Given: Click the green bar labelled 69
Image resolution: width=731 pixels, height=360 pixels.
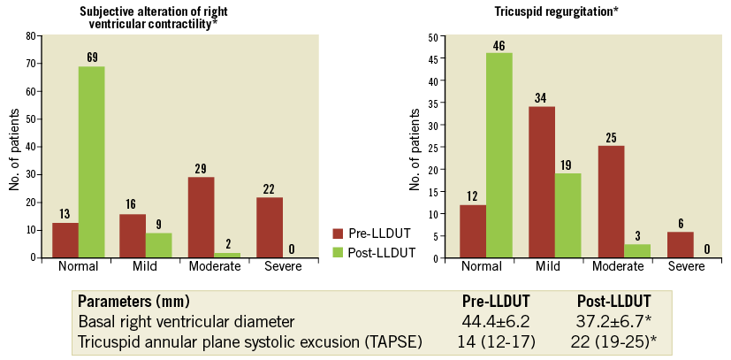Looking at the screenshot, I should (92, 162).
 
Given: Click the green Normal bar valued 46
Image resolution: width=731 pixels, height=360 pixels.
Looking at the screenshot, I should (499, 156).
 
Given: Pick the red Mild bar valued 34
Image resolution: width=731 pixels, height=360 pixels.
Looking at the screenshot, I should (540, 182).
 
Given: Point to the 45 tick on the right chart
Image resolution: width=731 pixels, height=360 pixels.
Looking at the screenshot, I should (431, 58).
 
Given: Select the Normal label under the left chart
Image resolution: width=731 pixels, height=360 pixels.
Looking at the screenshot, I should (78, 266).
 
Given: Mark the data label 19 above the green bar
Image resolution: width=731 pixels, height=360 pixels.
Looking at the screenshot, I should (567, 165).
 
